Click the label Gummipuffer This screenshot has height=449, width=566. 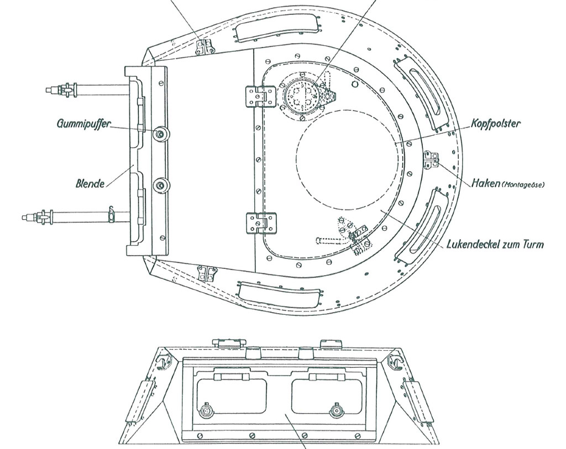click(84, 124)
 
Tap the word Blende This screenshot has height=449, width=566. click(90, 183)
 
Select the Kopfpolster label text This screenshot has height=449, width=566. click(496, 124)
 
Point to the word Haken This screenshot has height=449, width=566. click(485, 183)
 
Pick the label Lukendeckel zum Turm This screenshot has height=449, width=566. click(495, 245)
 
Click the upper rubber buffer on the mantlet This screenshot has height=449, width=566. click(161, 134)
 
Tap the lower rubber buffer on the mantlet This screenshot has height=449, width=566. click(161, 186)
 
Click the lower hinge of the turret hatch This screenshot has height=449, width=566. click(261, 223)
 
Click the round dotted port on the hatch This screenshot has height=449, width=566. click(302, 95)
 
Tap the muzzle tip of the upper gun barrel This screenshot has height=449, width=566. click(48, 89)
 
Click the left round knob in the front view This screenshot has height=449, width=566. click(206, 411)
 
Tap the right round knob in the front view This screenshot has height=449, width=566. click(337, 411)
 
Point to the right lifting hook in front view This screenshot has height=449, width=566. click(394, 362)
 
